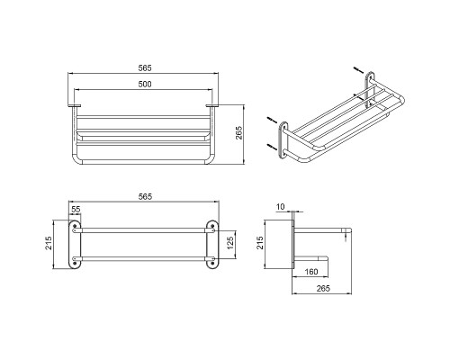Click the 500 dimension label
click(x=145, y=85)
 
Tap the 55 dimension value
click(x=76, y=209)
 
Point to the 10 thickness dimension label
click(x=280, y=207)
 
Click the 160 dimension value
click(x=311, y=272)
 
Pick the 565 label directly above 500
click(x=145, y=68)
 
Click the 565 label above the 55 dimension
click(x=145, y=197)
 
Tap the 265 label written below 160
click(x=323, y=289)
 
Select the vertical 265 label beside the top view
click(x=238, y=132)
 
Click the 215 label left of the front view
click(x=49, y=243)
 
